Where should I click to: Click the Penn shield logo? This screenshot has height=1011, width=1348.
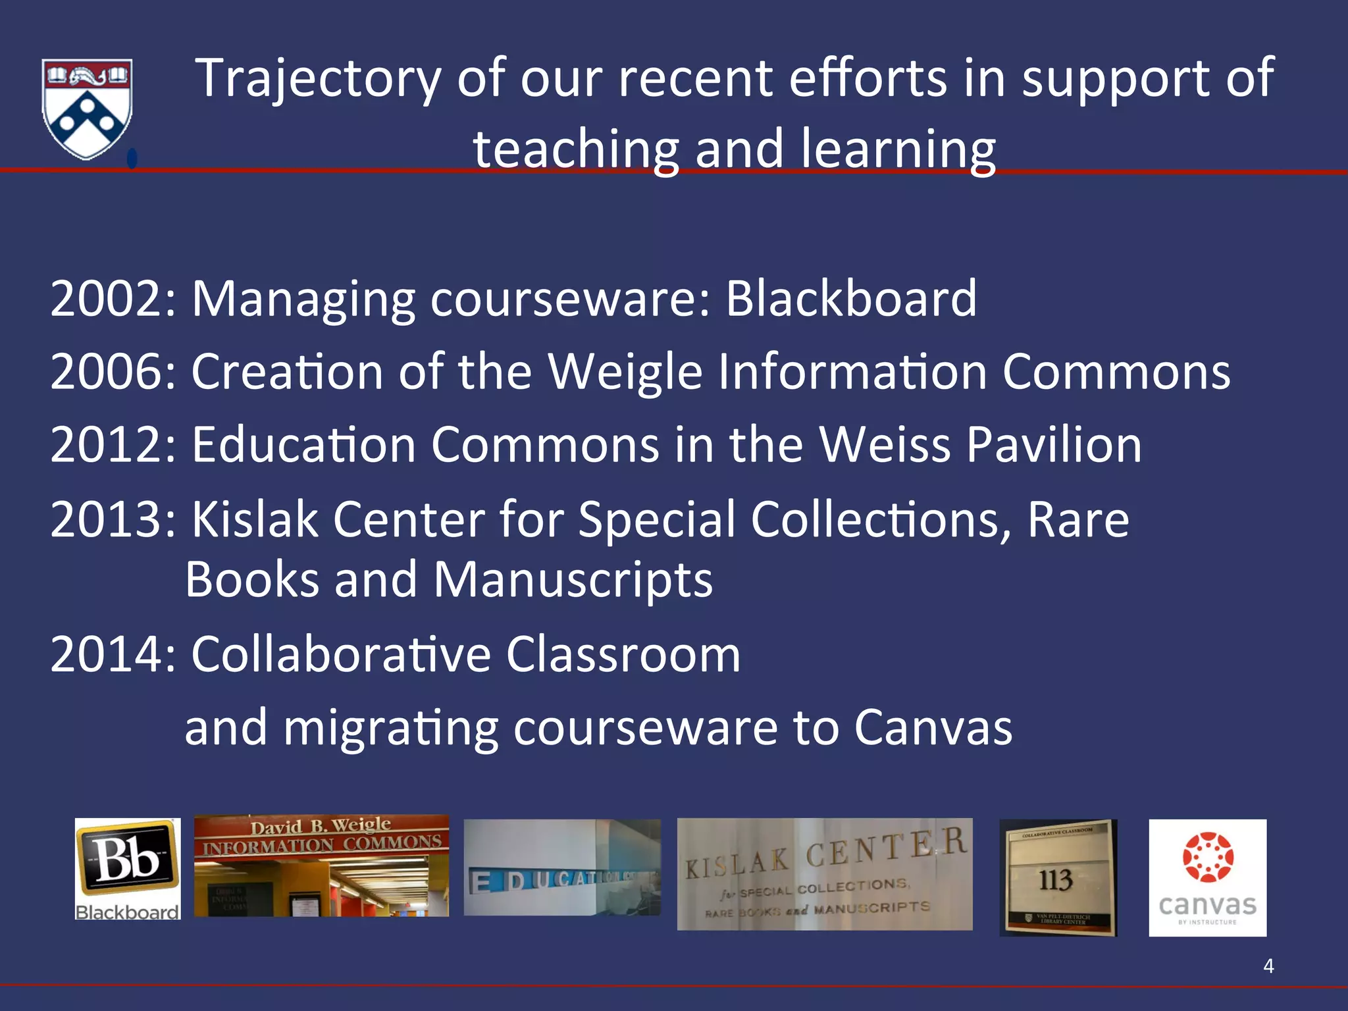(87, 108)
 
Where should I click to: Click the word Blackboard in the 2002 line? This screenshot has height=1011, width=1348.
(851, 299)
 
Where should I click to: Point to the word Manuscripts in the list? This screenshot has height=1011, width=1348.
(573, 581)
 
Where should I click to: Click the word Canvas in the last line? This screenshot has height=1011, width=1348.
(933, 728)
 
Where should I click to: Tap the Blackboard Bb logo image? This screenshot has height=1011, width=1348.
(128, 869)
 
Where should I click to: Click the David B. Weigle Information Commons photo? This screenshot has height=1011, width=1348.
(321, 866)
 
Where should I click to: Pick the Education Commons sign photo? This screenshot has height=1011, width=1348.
(562, 868)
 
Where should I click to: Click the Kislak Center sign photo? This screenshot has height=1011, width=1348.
(825, 874)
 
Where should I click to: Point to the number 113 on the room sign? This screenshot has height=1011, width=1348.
(1056, 880)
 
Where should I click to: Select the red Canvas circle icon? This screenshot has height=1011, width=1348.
(1208, 857)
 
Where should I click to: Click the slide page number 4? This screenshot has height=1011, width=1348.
(1268, 966)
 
